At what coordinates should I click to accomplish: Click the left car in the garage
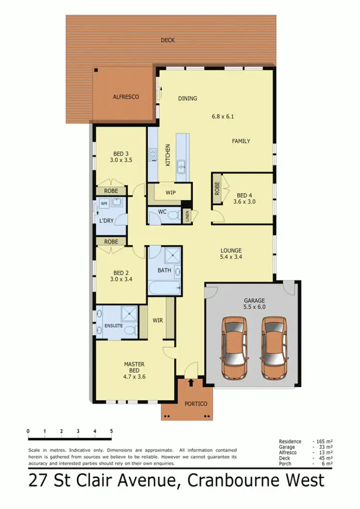(x=234, y=347)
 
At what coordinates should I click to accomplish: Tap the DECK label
(x=168, y=40)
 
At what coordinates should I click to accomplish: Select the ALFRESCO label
(x=126, y=97)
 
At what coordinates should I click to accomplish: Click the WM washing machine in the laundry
(x=104, y=204)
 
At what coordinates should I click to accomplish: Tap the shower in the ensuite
(x=128, y=315)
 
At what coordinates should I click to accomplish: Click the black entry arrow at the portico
(x=192, y=383)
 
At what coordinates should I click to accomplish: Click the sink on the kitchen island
(x=182, y=167)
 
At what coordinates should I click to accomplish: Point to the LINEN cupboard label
(x=187, y=217)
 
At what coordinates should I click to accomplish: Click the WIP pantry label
(x=170, y=193)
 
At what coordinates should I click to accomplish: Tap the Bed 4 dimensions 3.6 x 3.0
(x=244, y=202)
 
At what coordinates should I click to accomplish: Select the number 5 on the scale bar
(x=111, y=431)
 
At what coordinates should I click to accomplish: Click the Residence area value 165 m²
(x=324, y=441)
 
